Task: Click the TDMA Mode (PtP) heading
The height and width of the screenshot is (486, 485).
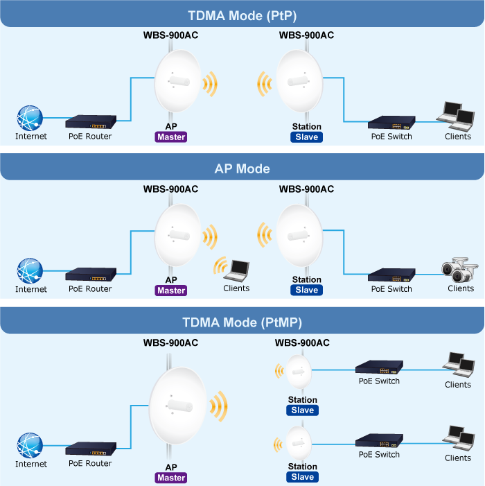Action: (242, 16)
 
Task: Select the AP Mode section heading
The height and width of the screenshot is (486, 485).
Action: (242, 168)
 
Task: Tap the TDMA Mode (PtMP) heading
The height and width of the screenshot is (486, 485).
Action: (242, 322)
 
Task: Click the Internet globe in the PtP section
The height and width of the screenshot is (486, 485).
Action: (30, 119)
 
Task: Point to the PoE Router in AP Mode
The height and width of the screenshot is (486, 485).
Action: (90, 275)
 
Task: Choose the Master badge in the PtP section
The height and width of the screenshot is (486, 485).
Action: (171, 137)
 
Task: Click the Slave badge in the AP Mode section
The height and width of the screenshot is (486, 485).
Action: (307, 290)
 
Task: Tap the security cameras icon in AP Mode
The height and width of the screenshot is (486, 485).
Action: (459, 269)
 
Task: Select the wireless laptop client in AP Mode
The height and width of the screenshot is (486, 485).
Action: (238, 268)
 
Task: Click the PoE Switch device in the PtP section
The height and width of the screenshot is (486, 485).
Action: (391, 123)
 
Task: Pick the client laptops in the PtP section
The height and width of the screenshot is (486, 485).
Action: (458, 116)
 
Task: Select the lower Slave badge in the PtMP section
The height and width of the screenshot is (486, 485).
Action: (303, 477)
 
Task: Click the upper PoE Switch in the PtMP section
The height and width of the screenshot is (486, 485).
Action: (378, 367)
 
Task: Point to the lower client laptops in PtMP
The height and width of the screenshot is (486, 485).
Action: (458, 439)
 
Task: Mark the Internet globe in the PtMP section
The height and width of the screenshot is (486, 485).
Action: (30, 446)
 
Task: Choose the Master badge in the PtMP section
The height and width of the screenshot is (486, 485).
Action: (171, 478)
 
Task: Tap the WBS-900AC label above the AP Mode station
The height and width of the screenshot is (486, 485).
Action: (306, 189)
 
